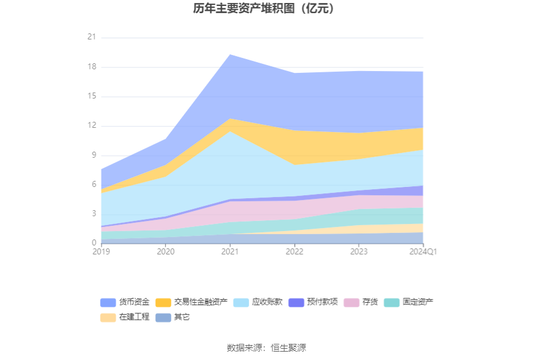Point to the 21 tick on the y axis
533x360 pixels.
point(91,38)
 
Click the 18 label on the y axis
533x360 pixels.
point(91,67)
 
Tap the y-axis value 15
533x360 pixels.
point(91,96)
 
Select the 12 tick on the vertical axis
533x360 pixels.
point(91,126)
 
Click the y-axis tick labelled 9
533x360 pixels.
point(93,155)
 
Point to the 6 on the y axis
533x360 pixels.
point(93,184)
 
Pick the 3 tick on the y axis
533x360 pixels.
point(93,214)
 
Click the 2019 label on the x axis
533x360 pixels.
point(101,252)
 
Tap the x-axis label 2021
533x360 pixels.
point(230,252)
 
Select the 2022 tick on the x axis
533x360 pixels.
point(294,252)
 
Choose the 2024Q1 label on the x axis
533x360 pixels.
point(423,252)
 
